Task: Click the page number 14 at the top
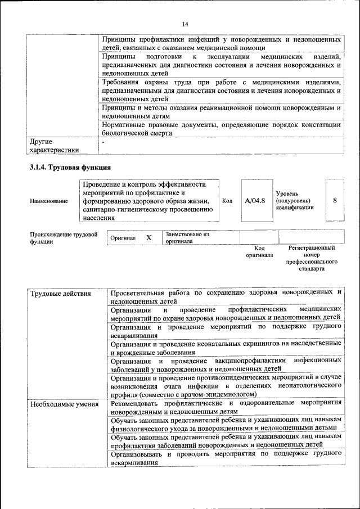[184, 24]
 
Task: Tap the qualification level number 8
[335, 200]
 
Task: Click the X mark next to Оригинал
[149, 238]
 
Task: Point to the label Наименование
[49, 201]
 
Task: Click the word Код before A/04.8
[227, 201]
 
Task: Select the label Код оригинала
[259, 251]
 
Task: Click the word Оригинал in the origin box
[123, 238]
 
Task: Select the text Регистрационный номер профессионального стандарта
[312, 258]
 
